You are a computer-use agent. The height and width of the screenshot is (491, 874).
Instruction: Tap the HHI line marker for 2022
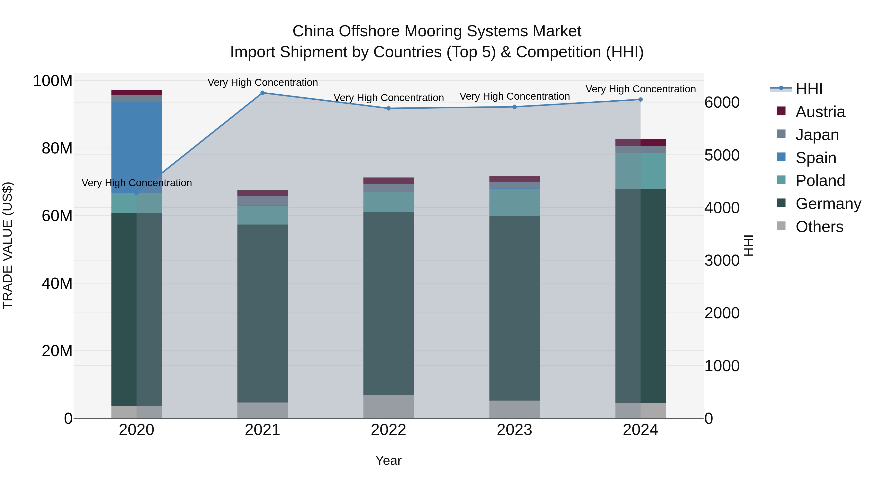(x=388, y=108)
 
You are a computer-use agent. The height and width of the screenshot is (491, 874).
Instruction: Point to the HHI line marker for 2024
(x=640, y=100)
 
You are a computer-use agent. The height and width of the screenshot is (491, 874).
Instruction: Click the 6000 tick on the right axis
(x=722, y=102)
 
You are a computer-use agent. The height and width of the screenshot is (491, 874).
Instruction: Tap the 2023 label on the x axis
(x=514, y=430)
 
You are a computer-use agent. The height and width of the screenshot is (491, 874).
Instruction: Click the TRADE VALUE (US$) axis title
(x=8, y=245)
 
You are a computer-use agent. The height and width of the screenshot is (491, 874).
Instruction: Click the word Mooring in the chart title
(x=433, y=31)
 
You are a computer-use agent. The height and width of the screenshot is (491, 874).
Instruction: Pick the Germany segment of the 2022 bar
(x=388, y=303)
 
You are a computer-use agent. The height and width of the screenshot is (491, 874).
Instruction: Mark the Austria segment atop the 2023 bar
(x=514, y=178)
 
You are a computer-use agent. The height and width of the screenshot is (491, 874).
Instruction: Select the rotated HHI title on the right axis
(x=748, y=245)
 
